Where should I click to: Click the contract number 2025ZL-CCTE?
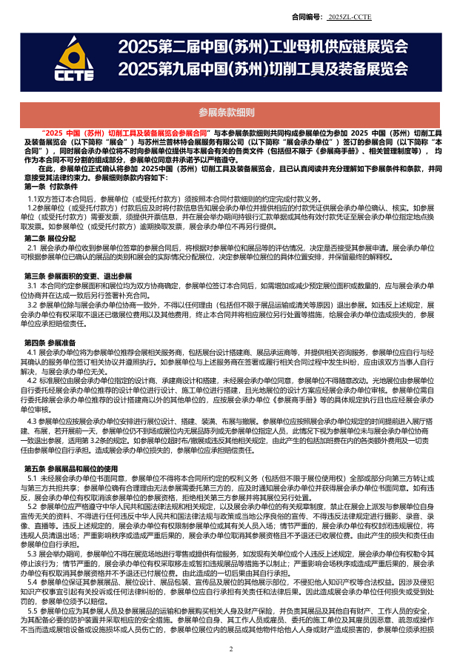pyautogui.click(x=350, y=16)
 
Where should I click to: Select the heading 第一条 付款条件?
pyautogui.click(x=51, y=187)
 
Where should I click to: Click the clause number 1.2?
pyautogui.click(x=33, y=208)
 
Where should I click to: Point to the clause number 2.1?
pyautogui.click(x=33, y=247)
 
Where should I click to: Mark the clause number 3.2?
pyautogui.click(x=33, y=304)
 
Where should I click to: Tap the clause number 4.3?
pyautogui.click(x=33, y=421)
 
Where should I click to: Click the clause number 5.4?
pyautogui.click(x=33, y=582)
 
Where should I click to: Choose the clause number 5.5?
pyautogui.click(x=33, y=610)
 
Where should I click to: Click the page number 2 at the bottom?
pyautogui.click(x=230, y=648)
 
